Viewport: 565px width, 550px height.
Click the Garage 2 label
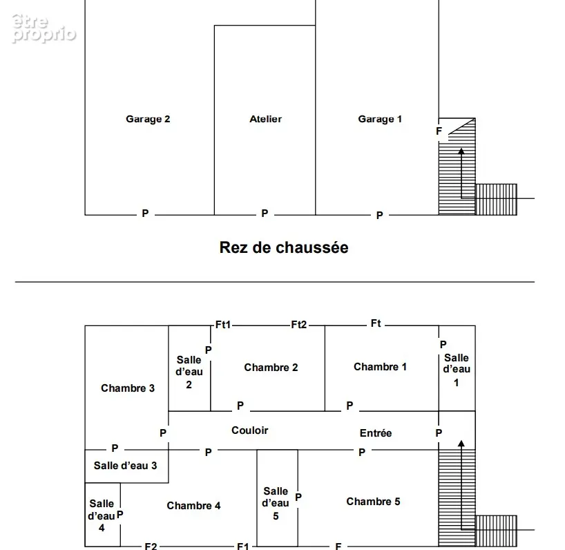[x=148, y=120]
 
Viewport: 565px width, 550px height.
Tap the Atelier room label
[x=265, y=119]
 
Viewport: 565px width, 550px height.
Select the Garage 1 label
[x=380, y=120]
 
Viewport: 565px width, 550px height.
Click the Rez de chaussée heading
[x=284, y=247]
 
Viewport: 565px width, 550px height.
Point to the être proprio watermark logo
[x=44, y=29]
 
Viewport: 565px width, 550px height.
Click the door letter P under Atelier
[x=265, y=214]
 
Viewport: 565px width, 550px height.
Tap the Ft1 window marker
[x=223, y=325]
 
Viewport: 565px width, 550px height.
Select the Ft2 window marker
[x=298, y=325]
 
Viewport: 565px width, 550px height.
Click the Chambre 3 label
[x=128, y=388]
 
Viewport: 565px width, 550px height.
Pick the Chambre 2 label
[x=271, y=368]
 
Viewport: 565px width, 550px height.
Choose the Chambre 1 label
[x=380, y=367]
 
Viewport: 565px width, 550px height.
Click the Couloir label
[x=250, y=430]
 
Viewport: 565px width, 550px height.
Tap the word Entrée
[x=376, y=433]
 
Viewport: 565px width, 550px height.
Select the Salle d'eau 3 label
[x=126, y=466]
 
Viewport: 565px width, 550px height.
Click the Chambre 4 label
[x=193, y=506]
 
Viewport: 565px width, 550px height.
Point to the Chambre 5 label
[x=373, y=502]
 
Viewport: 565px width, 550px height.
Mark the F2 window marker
[x=151, y=546]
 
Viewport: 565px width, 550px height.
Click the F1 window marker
[x=243, y=546]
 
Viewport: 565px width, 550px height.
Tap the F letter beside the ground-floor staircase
[x=439, y=131]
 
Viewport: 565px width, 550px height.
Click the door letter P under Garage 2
[x=145, y=214]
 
